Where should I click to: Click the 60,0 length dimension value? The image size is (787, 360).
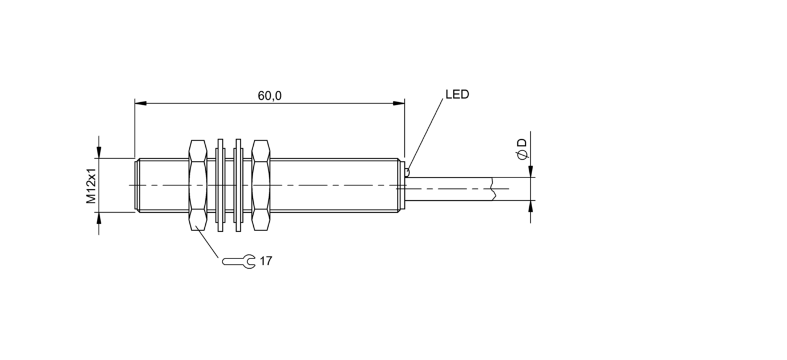[x=270, y=96]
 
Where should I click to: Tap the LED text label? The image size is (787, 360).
[x=457, y=94]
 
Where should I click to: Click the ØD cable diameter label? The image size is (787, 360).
[x=522, y=149]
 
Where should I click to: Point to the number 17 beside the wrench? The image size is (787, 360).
[x=266, y=261]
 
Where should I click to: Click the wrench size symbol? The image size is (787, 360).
[x=239, y=261]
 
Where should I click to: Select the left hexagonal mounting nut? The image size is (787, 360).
[x=198, y=185]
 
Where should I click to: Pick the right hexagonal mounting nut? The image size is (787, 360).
[x=261, y=185]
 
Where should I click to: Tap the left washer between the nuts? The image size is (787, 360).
[x=220, y=185]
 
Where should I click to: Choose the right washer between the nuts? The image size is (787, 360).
[x=238, y=185]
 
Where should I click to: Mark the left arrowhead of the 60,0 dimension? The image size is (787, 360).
[x=140, y=103]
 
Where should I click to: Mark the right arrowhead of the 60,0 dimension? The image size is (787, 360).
[x=399, y=103]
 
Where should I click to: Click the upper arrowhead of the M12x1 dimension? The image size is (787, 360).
[x=99, y=152]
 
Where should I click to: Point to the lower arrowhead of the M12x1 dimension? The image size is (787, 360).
[x=99, y=218]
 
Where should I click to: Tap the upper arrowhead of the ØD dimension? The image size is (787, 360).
[x=530, y=171]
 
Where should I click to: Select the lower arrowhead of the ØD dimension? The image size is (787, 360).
[x=530, y=207]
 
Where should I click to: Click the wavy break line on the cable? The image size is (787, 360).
[x=493, y=189]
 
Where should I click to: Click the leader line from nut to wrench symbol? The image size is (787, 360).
[x=206, y=244]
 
